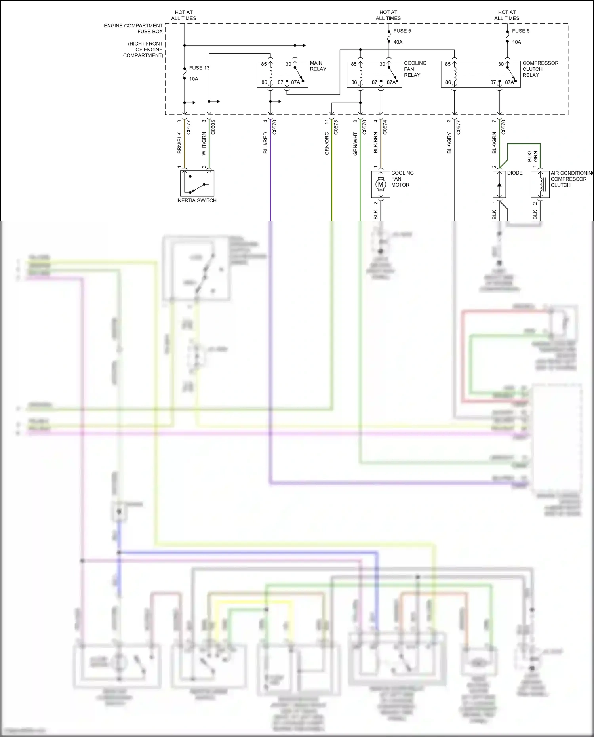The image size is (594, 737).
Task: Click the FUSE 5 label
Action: pos(402,31)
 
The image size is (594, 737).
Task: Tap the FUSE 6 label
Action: pos(520,31)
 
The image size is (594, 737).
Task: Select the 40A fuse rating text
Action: pos(398,42)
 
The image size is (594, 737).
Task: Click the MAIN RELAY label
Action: pos(318,66)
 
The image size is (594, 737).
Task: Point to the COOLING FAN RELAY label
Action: pos(415,69)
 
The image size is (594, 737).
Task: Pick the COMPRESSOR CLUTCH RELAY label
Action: pos(540,69)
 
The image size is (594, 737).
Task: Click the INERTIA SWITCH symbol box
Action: pos(197,183)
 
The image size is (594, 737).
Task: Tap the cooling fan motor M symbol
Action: pos(381,184)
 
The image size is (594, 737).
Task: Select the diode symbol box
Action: pos(499,184)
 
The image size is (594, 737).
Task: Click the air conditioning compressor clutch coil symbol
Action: pos(540,184)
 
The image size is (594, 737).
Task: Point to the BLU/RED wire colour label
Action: pos(265,143)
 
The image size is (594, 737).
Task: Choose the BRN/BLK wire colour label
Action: pos(179,143)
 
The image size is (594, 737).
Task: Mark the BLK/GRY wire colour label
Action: pos(449,143)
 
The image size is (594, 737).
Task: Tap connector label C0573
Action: pos(336,127)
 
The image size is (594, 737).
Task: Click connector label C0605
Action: pos(213,127)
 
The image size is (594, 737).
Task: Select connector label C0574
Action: pos(385,127)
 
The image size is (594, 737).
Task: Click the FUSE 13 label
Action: pos(199,68)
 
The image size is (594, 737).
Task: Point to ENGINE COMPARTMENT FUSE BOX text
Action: pos(133,29)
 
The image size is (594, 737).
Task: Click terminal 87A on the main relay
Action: pos(295,82)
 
